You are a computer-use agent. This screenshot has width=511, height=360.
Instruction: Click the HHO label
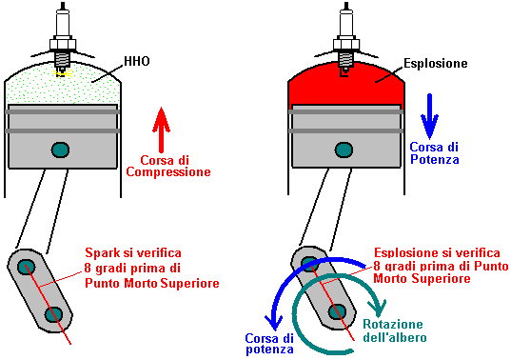[137, 61]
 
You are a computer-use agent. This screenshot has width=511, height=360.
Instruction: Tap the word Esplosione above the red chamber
[436, 63]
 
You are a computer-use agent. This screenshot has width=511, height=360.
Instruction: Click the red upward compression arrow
[161, 130]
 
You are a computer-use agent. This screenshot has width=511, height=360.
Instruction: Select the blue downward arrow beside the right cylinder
[429, 116]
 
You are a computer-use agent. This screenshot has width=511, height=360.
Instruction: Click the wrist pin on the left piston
[61, 150]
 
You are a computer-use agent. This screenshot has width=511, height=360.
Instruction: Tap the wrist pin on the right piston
[344, 150]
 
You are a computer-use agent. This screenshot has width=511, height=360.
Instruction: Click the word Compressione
[168, 172]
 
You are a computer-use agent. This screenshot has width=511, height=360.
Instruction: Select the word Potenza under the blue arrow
[435, 159]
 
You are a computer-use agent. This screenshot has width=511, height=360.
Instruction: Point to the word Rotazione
[393, 324]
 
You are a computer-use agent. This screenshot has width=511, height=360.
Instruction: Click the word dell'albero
[395, 337]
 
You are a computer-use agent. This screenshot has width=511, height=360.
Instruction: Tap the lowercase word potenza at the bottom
[269, 350]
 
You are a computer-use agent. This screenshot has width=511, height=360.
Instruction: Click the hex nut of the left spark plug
[63, 45]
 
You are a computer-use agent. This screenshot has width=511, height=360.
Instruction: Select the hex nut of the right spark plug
[346, 45]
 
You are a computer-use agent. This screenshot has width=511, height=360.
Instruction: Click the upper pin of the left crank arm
[26, 267]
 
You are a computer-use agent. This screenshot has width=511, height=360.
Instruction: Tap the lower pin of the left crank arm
[54, 314]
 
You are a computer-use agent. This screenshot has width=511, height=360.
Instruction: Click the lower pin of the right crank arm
[338, 311]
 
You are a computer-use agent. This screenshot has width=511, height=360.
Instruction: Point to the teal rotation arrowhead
[378, 309]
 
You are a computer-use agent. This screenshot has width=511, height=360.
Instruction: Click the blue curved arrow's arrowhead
[274, 322]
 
